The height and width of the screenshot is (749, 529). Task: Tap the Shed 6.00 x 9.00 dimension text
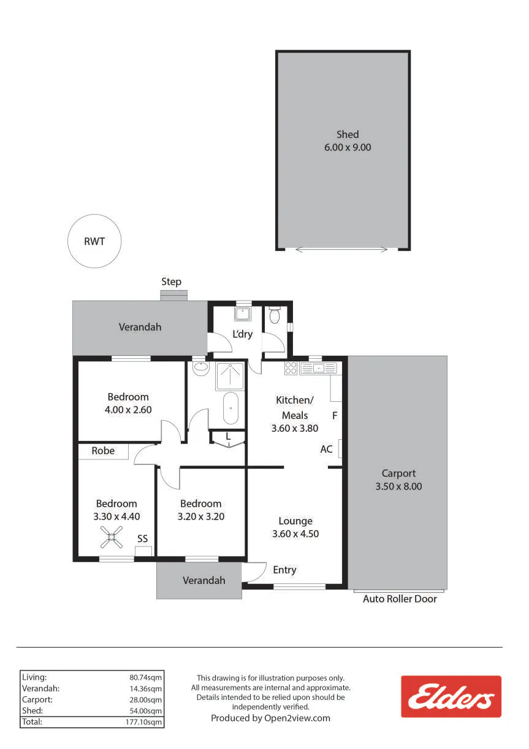(348, 147)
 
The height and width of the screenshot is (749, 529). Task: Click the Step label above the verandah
(171, 282)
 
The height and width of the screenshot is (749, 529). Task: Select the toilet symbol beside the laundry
(274, 315)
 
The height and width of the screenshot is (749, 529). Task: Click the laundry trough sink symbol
(243, 313)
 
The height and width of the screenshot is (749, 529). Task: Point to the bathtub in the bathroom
(230, 409)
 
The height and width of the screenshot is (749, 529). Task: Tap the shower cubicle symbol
(230, 376)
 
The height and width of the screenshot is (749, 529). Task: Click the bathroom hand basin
(200, 368)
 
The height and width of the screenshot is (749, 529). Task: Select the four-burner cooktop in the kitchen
(291, 368)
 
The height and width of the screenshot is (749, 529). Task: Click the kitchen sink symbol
(319, 368)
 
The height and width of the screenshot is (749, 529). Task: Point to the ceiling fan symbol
(112, 537)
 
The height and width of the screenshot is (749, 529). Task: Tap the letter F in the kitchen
(335, 416)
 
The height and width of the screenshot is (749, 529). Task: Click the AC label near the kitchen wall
(326, 449)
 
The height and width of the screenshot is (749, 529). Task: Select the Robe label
(103, 451)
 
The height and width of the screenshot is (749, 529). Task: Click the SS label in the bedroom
(142, 539)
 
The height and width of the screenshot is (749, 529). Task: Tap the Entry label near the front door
(284, 570)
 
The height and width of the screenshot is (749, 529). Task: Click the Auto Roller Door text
(400, 599)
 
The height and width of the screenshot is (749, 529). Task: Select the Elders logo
(451, 696)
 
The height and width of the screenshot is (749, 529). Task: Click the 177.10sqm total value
(143, 721)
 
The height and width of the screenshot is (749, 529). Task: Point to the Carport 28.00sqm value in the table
(145, 699)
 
